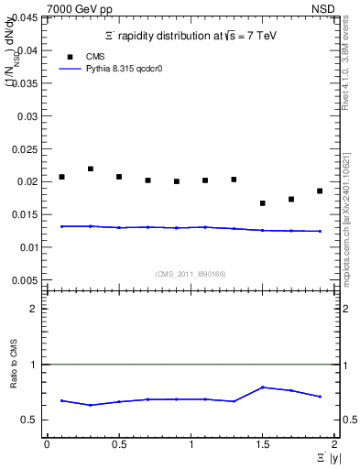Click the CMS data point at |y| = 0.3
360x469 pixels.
point(90,169)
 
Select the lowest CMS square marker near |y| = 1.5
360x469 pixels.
point(263,203)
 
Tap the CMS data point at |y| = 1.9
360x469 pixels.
point(320,191)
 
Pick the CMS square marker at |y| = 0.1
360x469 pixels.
point(61,177)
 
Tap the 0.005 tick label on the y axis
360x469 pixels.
point(26,279)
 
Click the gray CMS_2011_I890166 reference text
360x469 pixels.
point(190,273)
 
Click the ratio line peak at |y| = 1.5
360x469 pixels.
point(263,387)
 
